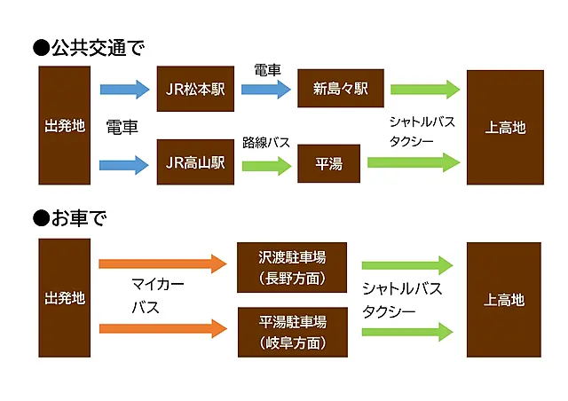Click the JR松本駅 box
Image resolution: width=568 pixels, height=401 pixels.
pos(195,89)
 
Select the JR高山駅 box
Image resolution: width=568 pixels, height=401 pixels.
pos(195,162)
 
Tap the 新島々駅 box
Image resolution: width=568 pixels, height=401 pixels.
pos(341,89)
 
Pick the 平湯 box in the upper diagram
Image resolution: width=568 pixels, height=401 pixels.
pos(328,163)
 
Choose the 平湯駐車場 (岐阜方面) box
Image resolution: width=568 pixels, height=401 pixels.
pos(292,332)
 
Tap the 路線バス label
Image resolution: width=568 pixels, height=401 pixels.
pos(266,142)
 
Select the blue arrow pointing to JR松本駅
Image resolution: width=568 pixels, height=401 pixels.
pos(124,89)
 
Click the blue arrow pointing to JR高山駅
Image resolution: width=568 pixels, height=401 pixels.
pos(124,163)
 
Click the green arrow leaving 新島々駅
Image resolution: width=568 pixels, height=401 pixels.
pos(425,89)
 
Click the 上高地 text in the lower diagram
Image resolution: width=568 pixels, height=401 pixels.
pos(504,300)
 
